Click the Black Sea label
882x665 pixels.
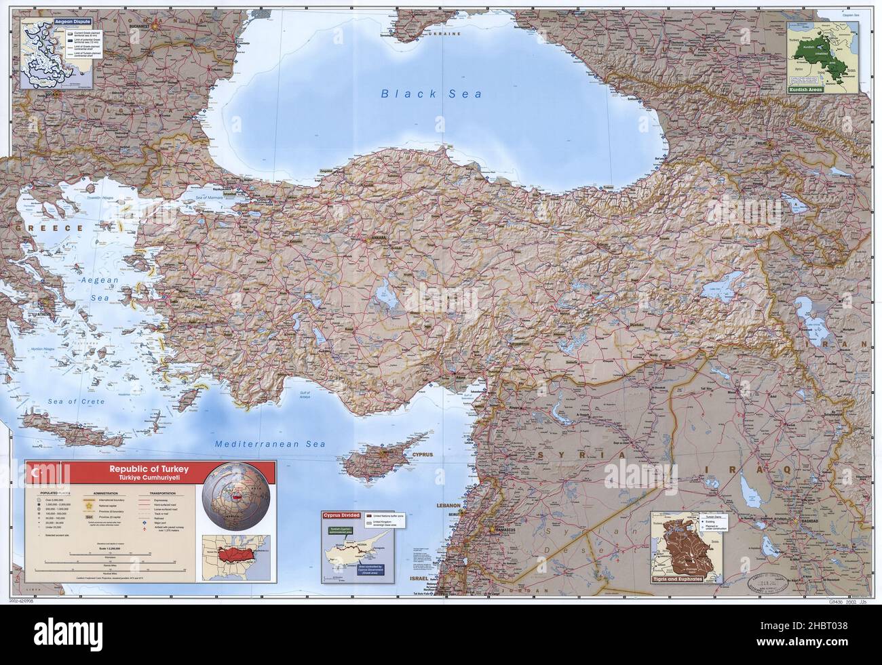tap(431, 94)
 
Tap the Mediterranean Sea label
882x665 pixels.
tap(270, 445)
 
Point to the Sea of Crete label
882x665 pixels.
tap(77, 401)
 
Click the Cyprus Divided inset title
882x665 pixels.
tap(341, 516)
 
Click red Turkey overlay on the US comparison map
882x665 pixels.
tap(235, 552)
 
